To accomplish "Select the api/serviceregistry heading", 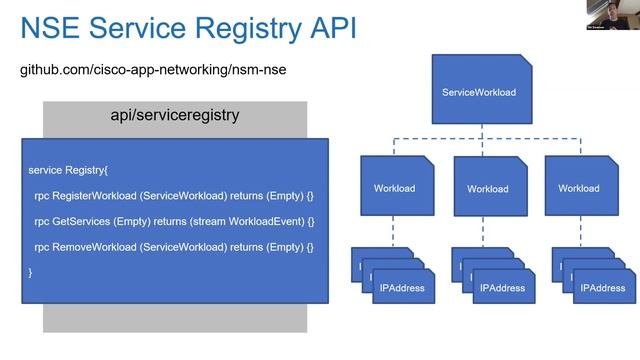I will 174,115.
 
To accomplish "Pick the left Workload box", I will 394,187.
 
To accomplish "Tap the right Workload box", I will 579,187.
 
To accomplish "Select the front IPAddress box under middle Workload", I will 503,288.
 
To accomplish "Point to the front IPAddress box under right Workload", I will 601,288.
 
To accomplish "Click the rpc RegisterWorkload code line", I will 174,195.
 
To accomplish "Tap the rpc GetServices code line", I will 174,221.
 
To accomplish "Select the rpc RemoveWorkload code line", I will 174,246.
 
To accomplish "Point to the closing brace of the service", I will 31,272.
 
